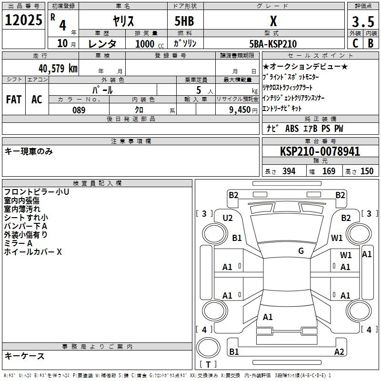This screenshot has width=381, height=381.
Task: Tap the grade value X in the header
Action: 273,21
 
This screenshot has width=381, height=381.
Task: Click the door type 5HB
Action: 184,21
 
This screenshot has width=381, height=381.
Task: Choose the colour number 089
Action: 79,110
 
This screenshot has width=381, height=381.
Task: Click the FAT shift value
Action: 13,99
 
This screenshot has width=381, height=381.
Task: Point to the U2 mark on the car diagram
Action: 228,218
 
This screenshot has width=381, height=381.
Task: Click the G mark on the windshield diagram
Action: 301,251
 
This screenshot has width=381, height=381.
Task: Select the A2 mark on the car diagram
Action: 339,351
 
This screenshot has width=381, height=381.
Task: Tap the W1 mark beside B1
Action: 337,238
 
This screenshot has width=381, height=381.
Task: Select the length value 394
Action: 288,171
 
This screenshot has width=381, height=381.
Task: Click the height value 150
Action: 367,171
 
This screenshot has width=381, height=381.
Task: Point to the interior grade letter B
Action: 371,43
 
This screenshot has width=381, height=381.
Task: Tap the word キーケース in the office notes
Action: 24,356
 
